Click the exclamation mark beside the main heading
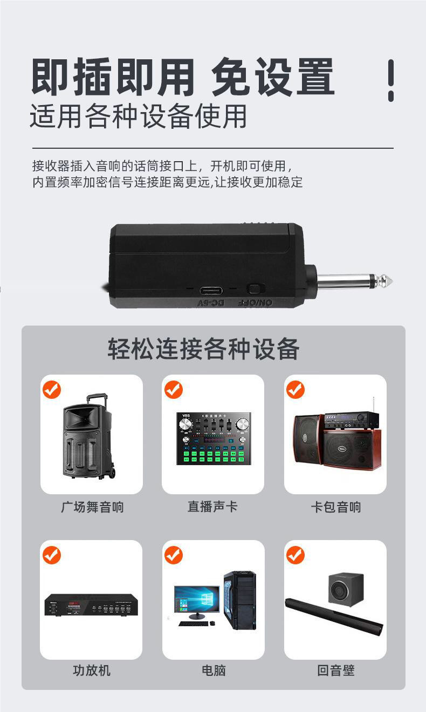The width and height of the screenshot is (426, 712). [x=391, y=80]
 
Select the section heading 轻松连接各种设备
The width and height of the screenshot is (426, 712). [x=203, y=349]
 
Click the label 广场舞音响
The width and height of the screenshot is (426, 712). [x=92, y=507]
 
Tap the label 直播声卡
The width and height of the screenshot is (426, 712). [x=212, y=507]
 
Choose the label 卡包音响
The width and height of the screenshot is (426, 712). [x=335, y=507]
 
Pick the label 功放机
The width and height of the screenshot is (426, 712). [x=92, y=670]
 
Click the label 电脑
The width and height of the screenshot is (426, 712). [x=213, y=670]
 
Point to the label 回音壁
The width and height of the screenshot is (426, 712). [x=335, y=670]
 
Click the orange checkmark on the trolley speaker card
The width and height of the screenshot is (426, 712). [x=52, y=390]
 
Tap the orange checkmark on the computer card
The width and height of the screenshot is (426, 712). [x=174, y=555]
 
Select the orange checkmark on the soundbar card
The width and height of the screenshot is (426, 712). [x=296, y=555]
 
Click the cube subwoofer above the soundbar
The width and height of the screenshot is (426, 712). [x=346, y=589]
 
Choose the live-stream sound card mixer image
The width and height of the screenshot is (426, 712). [x=213, y=438]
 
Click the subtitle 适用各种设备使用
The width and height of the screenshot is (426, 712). [x=138, y=115]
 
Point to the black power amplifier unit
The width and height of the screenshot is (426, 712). [x=91, y=605]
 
